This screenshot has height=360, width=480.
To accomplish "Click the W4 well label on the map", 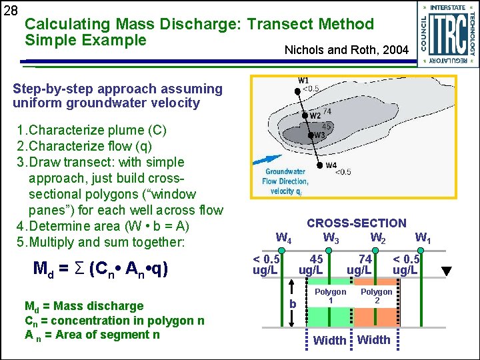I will coord(331,165).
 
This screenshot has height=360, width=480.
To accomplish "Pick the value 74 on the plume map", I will coord(326,111).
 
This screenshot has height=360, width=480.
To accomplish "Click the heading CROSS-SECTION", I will coord(356,223).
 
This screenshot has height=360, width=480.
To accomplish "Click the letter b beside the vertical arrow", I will coord(291,304).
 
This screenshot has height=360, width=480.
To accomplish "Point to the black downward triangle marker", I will coord(447,271).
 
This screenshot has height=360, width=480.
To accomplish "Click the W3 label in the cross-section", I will coord(331,237).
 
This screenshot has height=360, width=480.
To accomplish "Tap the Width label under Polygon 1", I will coord(329,341).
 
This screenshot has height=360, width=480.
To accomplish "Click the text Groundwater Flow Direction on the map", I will coord(285,176).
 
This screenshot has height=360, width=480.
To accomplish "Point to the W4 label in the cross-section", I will coord(283,237).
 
